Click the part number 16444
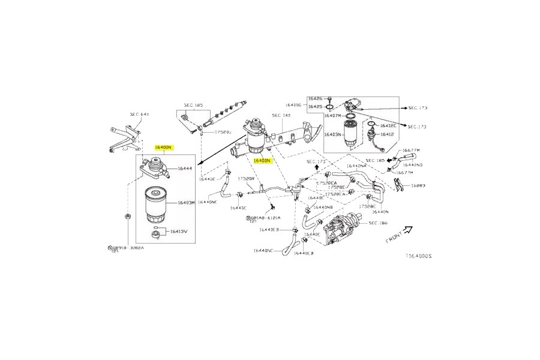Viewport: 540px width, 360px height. coord(184,169)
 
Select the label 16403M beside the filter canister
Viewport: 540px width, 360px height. coord(185,203)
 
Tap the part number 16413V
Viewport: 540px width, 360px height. coord(179,231)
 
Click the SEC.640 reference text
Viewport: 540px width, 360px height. coord(139,114)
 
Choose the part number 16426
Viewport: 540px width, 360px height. coord(315,98)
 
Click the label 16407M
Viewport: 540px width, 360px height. coord(332,116)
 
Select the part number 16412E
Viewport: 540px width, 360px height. coord(386,125)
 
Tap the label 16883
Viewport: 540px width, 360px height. coord(418,185)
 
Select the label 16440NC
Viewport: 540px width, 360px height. coord(263,251)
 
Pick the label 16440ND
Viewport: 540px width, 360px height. coord(413,164)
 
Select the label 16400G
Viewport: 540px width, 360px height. coord(295,104)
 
